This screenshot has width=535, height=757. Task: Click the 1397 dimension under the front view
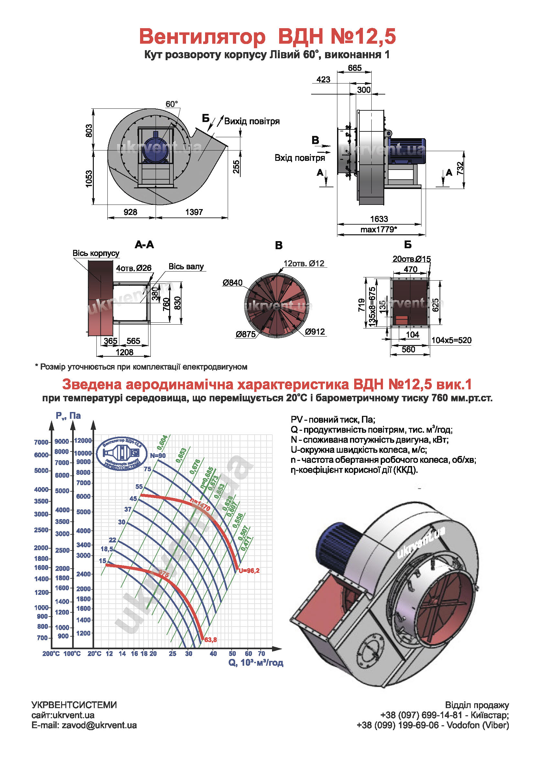coord(194,212)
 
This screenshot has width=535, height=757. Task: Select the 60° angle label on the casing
coord(171,104)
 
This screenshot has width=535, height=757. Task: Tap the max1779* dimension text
coord(378,229)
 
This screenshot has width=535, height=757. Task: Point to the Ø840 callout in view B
coord(232,283)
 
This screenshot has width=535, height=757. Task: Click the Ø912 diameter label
coord(315,332)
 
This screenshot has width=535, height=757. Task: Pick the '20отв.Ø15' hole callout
coord(411,259)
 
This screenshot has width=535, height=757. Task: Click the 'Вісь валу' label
coord(186,266)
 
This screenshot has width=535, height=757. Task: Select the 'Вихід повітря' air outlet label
coord(252,121)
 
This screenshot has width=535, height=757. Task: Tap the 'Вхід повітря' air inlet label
coord(300,158)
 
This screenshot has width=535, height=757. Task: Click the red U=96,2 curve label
coord(249,571)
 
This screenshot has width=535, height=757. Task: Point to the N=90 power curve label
coord(158,456)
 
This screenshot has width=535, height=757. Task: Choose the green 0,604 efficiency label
coord(162,442)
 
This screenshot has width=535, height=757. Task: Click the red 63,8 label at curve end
coord(211,640)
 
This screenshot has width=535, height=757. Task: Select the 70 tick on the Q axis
coord(261,653)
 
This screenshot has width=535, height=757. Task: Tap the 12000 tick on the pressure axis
coord(83,440)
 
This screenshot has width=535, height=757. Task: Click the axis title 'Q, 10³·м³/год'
coord(256,663)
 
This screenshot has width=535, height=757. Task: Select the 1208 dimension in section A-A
coord(124,352)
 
